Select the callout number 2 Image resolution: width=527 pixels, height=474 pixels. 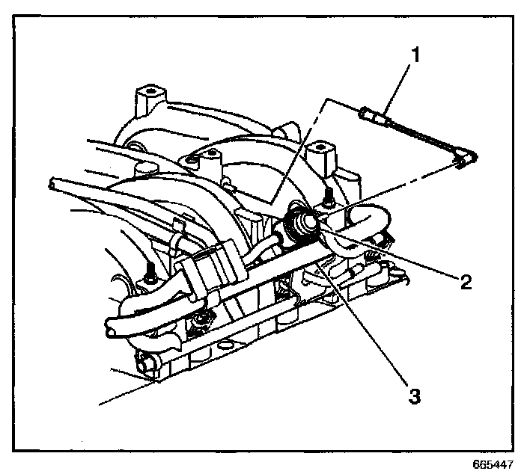[466, 281]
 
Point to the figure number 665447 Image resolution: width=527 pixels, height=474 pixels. [493, 464]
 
